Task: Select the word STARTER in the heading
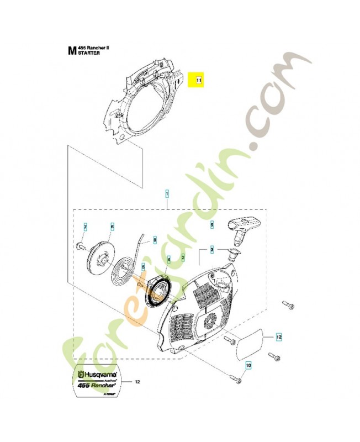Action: point(89,54)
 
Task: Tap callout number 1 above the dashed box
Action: point(167,194)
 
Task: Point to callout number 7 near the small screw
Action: point(85,227)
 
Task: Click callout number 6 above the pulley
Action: point(112,227)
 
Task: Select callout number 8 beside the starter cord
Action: point(155,240)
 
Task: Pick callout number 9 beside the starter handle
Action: point(211,225)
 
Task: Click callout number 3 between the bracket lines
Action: point(211,250)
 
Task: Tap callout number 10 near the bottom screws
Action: point(248,365)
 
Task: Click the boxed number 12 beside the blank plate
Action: point(279,336)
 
